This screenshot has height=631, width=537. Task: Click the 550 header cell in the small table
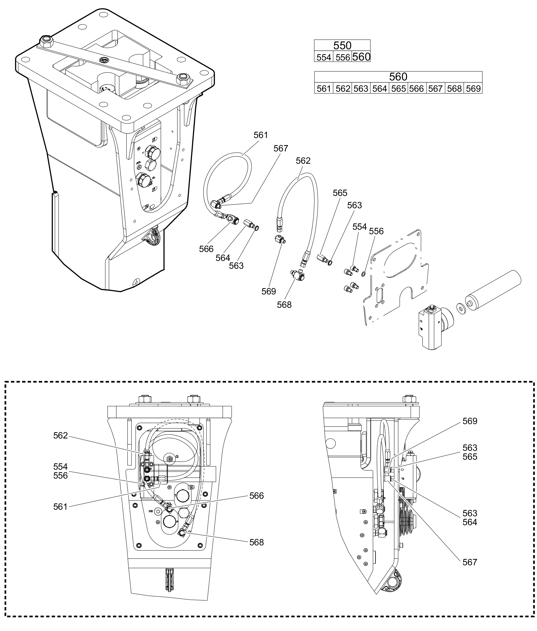[x=342, y=45]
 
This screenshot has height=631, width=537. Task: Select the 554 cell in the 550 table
[x=324, y=57]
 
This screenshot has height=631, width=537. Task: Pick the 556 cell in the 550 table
[x=343, y=57]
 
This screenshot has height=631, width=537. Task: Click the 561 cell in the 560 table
[x=324, y=89]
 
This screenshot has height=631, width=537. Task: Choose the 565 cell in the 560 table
[x=399, y=89]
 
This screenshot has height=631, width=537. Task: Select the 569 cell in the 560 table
[x=473, y=89]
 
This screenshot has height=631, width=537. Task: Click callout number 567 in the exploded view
[x=280, y=149]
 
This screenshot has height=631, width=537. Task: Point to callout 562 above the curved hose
[x=303, y=161]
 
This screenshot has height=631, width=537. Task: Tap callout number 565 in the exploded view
[x=340, y=193]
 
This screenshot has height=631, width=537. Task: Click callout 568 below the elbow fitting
[x=284, y=304]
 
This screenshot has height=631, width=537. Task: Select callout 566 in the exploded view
[x=206, y=249]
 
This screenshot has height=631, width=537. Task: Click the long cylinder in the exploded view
[x=493, y=287]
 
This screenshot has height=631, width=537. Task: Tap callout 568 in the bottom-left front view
[x=256, y=542]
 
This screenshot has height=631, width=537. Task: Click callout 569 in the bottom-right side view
[x=470, y=421]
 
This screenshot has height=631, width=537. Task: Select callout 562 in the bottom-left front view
[x=60, y=436]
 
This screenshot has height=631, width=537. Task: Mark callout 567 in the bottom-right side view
[x=470, y=562]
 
